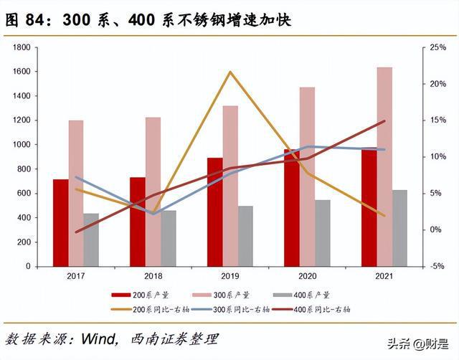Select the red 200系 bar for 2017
[x=61, y=222]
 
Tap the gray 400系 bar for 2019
[x=246, y=236]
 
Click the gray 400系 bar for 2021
[x=399, y=228]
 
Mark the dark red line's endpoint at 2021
[x=384, y=121]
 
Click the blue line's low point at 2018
[x=153, y=214]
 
